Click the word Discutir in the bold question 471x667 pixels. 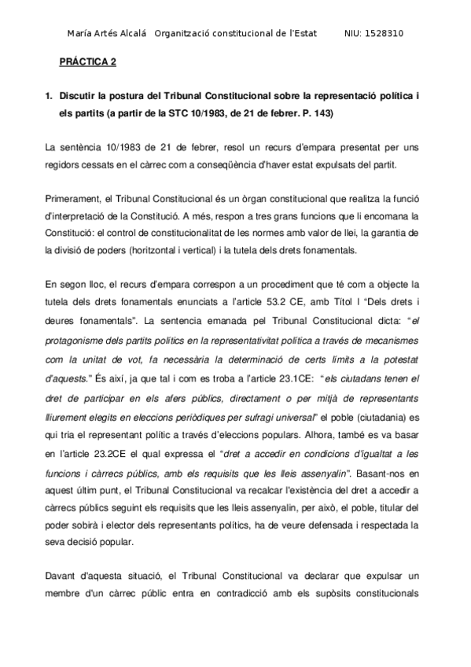[82, 97]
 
